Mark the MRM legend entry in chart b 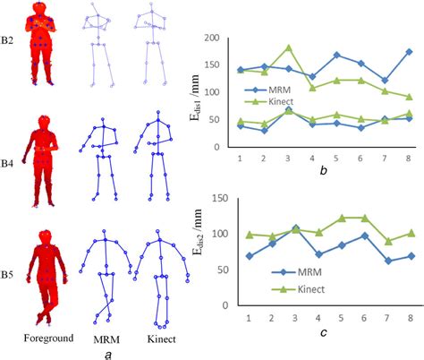coord(270,90)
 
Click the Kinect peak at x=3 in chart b coord(288,47)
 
